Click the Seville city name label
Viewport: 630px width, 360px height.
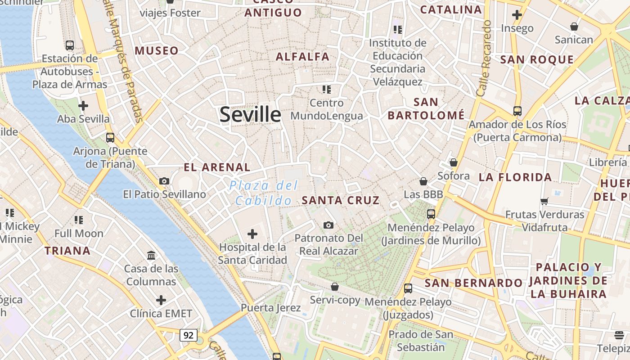250,115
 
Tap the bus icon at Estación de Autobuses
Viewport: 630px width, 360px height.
69,45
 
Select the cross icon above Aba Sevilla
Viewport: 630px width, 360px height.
83,106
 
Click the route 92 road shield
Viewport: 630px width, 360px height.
189,335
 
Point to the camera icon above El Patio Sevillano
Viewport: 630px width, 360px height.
164,181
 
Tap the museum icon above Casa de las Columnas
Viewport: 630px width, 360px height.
151,255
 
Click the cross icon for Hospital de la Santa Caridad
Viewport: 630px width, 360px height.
252,234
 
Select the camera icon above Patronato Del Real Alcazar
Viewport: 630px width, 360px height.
328,225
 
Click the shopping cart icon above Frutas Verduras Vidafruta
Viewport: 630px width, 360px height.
544,201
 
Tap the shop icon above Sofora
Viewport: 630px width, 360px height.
454,162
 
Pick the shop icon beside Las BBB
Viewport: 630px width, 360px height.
423,181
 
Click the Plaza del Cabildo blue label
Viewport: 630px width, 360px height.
264,193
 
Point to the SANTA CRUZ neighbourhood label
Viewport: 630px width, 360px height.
341,200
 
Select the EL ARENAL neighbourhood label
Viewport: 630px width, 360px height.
217,167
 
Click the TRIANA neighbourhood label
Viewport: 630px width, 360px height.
67,251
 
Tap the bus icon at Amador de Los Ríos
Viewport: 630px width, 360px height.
517,111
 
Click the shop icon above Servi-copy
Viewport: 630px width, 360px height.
335,287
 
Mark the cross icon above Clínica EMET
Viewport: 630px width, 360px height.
161,300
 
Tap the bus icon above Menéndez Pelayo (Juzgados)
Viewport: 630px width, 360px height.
408,288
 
